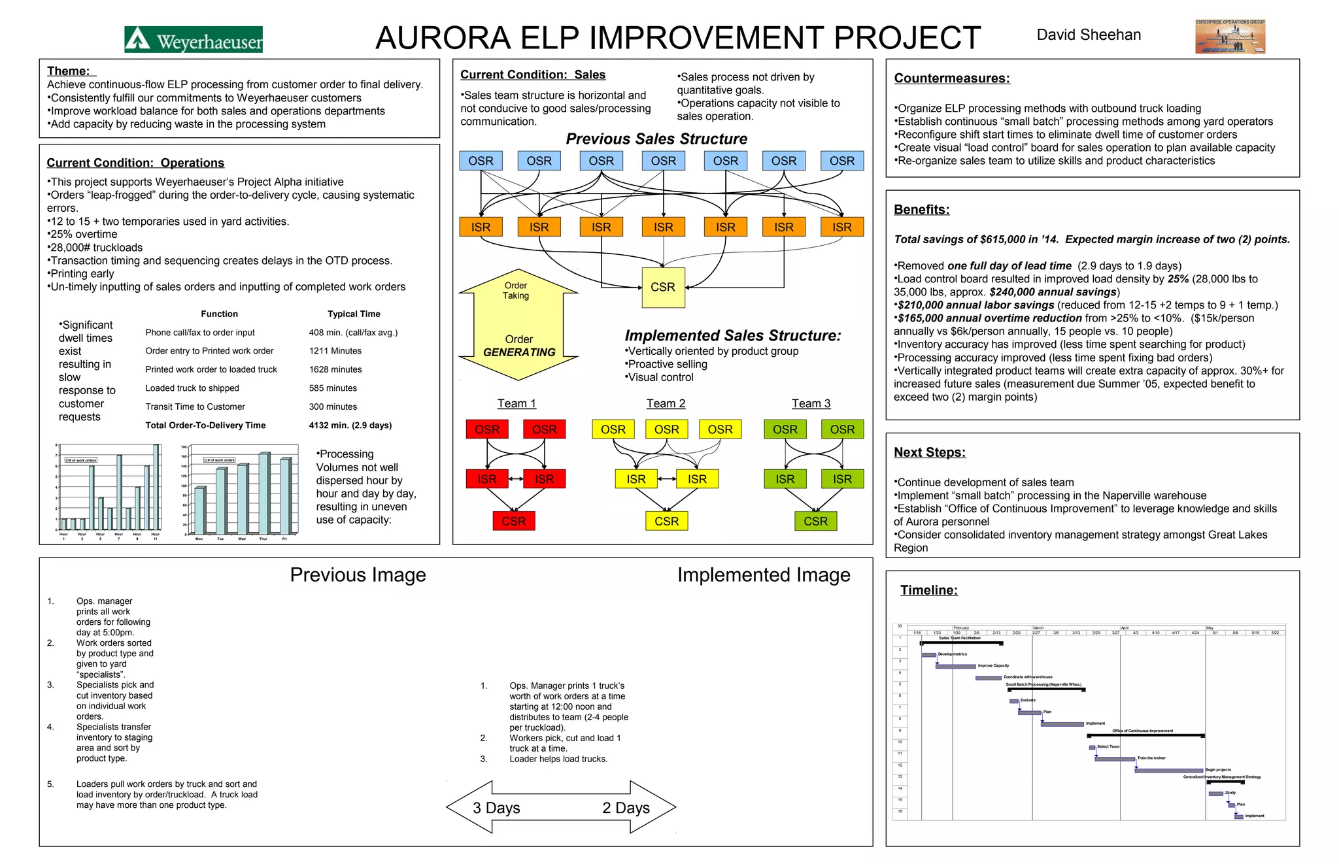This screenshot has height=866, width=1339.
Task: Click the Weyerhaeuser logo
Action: pyautogui.click(x=194, y=40)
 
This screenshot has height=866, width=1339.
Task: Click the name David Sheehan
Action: pyautogui.click(x=1089, y=35)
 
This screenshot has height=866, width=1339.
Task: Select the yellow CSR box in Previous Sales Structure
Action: pyautogui.click(x=663, y=288)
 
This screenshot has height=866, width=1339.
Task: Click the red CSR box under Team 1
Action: pyautogui.click(x=513, y=522)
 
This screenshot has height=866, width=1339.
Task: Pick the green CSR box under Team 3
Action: pyautogui.click(x=815, y=522)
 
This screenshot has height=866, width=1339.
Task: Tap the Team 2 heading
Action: pyautogui.click(x=666, y=404)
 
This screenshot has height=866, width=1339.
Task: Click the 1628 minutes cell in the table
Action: pyautogui.click(x=335, y=370)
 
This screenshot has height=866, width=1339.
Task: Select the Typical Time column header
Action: pyautogui.click(x=354, y=314)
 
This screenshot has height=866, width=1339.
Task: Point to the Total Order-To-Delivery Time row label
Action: pyautogui.click(x=205, y=425)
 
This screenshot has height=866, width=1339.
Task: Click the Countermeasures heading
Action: pyautogui.click(x=951, y=78)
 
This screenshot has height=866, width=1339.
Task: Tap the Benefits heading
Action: pyautogui.click(x=921, y=210)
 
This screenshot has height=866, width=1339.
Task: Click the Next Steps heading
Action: pyautogui.click(x=929, y=452)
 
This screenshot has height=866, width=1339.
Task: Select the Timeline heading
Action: pyautogui.click(x=928, y=590)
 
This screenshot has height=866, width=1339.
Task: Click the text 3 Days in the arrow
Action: pyautogui.click(x=496, y=808)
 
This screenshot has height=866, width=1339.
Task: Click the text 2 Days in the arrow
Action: pyautogui.click(x=626, y=808)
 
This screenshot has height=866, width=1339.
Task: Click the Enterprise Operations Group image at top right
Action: pyautogui.click(x=1230, y=37)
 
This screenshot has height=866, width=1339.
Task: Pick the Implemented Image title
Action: pyautogui.click(x=764, y=575)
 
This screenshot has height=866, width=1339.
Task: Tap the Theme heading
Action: pyautogui.click(x=71, y=71)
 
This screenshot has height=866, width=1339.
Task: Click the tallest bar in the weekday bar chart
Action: pyautogui.click(x=264, y=493)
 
